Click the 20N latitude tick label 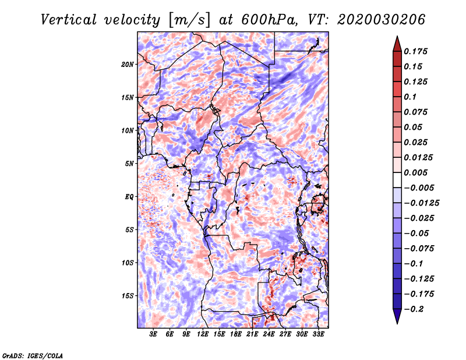[x=128, y=65]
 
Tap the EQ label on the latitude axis [x=129, y=197]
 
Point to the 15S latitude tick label [x=128, y=296]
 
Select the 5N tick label [x=129, y=164]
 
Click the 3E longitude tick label [x=153, y=334]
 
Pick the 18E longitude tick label [x=236, y=334]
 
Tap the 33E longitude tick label [x=318, y=334]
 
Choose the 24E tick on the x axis [x=269, y=334]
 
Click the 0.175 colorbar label [x=415, y=51]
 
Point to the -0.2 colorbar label [x=414, y=309]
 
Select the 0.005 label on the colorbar [x=415, y=172]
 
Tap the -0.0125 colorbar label [x=421, y=203]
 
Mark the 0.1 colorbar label [x=410, y=97]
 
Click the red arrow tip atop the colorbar [x=397, y=36]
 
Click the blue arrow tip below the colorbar [x=397, y=323]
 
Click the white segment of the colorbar [x=397, y=180]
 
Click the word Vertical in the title [x=69, y=20]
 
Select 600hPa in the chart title [x=269, y=20]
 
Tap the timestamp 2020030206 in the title [x=382, y=20]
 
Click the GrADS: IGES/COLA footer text [x=33, y=356]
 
